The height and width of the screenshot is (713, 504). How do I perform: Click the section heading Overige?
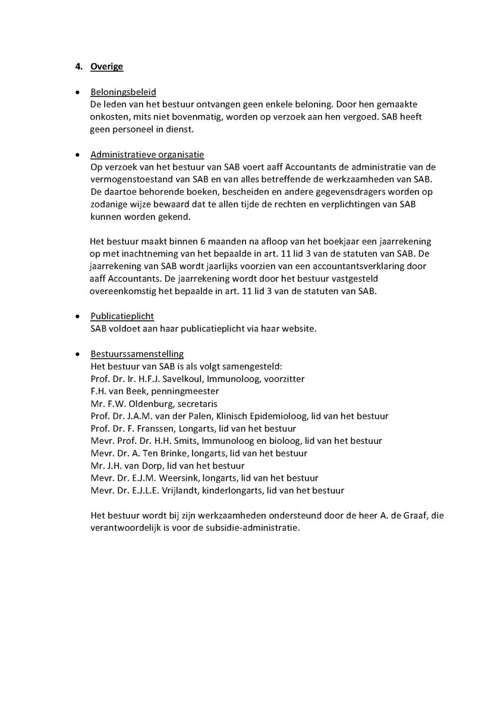click(x=107, y=67)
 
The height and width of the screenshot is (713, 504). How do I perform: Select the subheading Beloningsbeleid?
click(x=123, y=92)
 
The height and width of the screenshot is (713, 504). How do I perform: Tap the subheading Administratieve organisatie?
click(x=147, y=154)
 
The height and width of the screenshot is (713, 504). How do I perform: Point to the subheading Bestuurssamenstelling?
click(x=137, y=354)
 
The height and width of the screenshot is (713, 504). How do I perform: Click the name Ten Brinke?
click(x=165, y=453)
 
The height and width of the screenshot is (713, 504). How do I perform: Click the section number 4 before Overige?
click(x=78, y=67)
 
